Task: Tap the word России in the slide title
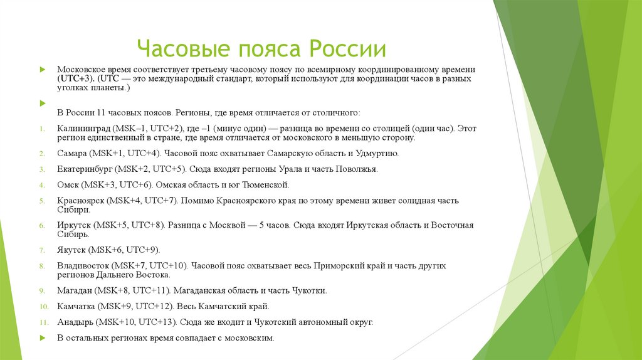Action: (x=349, y=50)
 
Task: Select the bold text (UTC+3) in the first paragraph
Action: (x=76, y=79)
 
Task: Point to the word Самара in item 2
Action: (x=72, y=153)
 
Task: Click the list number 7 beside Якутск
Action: (x=41, y=250)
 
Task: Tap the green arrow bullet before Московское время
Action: (x=41, y=69)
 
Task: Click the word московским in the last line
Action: (x=251, y=338)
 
